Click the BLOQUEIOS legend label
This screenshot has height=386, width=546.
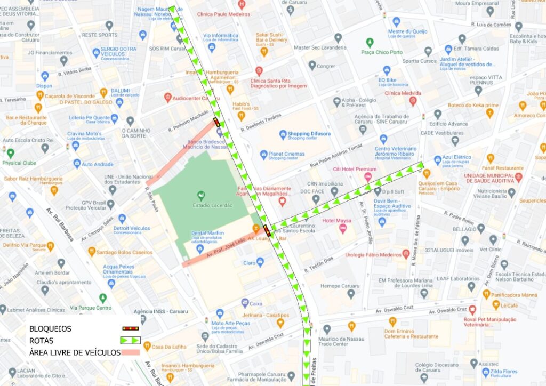(50, 329)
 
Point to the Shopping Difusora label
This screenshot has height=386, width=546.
(309, 134)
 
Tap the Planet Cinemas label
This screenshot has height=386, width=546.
(286, 154)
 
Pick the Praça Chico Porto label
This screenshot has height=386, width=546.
(382, 52)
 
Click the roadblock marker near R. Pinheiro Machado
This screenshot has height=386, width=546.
(216, 122)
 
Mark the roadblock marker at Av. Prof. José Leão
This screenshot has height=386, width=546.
(267, 230)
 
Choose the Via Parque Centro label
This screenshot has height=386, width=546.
(91, 308)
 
